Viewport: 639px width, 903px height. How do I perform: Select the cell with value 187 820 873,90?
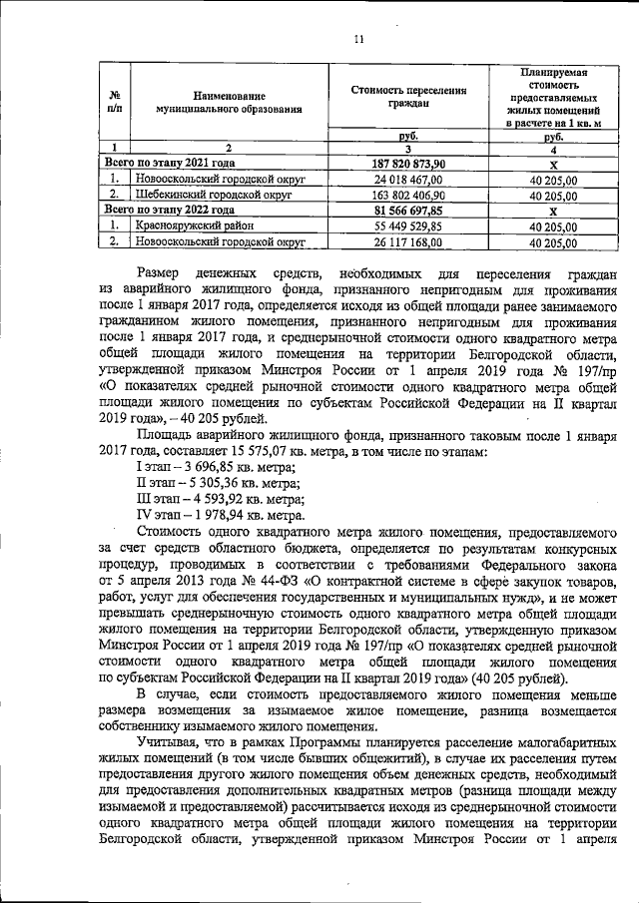click(x=407, y=164)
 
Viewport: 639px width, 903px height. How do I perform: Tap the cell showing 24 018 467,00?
click(x=407, y=180)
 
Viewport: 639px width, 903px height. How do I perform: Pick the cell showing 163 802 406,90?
click(x=407, y=196)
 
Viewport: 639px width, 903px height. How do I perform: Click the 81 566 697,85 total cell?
click(x=407, y=211)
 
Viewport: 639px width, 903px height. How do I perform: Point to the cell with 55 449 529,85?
click(x=407, y=226)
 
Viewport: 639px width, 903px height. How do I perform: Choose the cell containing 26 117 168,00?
click(x=407, y=242)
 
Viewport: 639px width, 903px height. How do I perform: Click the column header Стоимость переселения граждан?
click(x=407, y=96)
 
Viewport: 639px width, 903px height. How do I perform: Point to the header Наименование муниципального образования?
click(x=221, y=96)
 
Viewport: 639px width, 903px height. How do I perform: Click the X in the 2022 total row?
click(x=554, y=211)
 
